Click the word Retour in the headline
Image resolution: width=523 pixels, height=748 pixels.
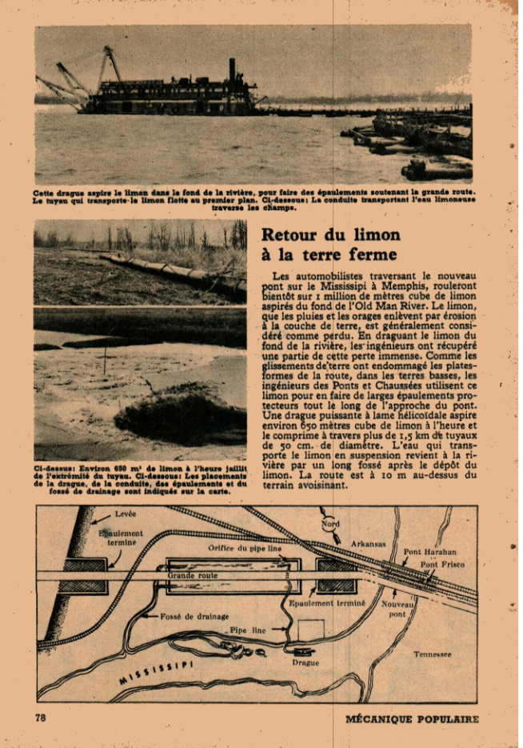click(289, 235)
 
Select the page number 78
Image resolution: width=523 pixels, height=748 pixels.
click(41, 718)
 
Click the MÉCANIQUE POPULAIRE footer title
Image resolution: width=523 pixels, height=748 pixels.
click(412, 718)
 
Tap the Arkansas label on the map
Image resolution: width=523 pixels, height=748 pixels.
click(368, 544)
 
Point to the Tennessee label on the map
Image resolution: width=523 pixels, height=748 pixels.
click(432, 654)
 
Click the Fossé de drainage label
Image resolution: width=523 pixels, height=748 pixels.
click(194, 616)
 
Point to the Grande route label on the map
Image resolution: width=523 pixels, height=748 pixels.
click(193, 575)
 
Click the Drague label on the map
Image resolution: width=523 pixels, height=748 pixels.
click(305, 662)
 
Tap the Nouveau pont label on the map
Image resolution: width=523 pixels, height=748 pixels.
click(397, 610)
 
